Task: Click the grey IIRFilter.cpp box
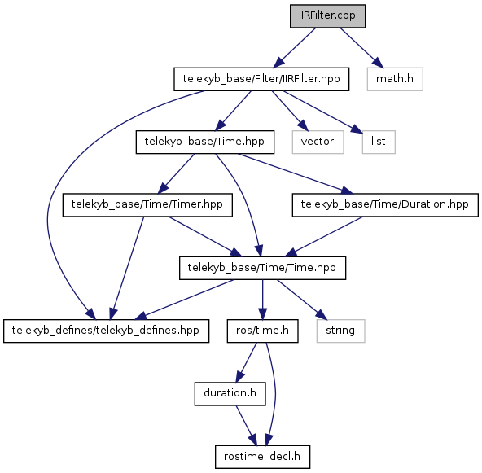point(327,16)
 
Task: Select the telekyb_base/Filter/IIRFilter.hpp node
point(261,79)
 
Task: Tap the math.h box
point(395,79)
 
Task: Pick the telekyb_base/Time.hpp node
point(205,142)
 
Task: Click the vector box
point(318,142)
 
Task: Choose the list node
point(379,142)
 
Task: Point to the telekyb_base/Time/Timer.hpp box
point(147,205)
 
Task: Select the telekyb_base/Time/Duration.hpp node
point(385,205)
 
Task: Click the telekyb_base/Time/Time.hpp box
point(262,268)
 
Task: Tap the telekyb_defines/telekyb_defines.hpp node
point(107,331)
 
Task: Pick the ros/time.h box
point(262,331)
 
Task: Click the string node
point(340,331)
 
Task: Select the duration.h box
point(230,394)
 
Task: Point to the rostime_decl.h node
point(262,457)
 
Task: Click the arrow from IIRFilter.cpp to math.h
point(361,48)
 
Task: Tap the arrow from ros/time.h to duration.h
point(246,362)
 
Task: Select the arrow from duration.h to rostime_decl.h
point(246,426)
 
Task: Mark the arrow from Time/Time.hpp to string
point(302,300)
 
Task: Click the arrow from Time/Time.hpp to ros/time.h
point(262,300)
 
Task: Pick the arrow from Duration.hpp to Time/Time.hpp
point(324,237)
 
